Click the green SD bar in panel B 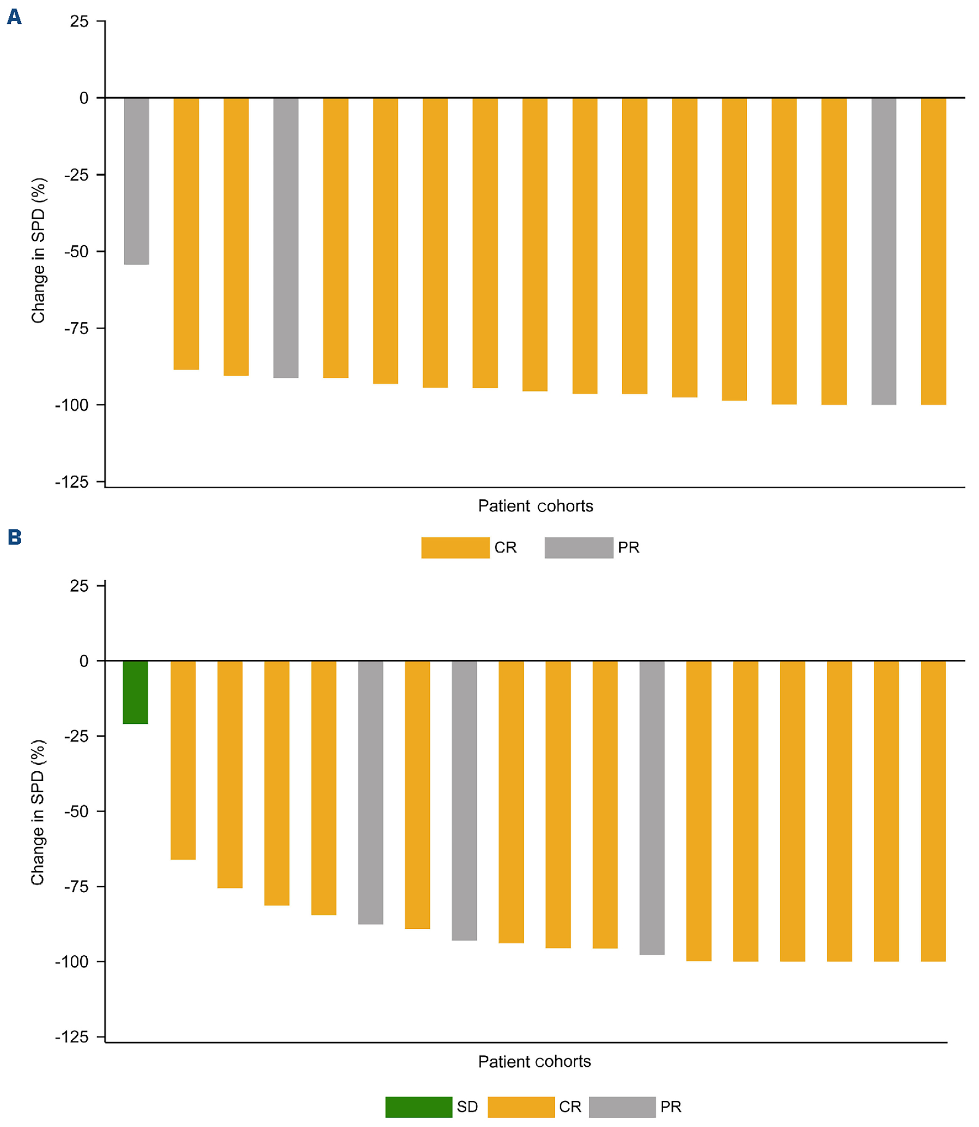(x=135, y=692)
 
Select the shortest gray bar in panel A (x=136, y=181)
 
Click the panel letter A (x=14, y=17)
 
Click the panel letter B (x=15, y=537)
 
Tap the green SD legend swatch (x=419, y=1107)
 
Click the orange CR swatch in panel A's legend (x=455, y=547)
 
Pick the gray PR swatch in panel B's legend (x=622, y=1107)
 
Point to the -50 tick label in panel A (x=76, y=252)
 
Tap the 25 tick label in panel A (x=79, y=22)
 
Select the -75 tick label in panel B (x=76, y=886)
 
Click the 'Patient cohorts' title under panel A (x=535, y=506)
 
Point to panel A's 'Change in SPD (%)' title (x=38, y=251)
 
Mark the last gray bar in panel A (x=883, y=251)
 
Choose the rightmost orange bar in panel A (x=933, y=251)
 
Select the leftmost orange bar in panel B (x=183, y=760)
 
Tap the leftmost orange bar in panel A (x=186, y=234)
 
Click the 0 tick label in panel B (x=83, y=661)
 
